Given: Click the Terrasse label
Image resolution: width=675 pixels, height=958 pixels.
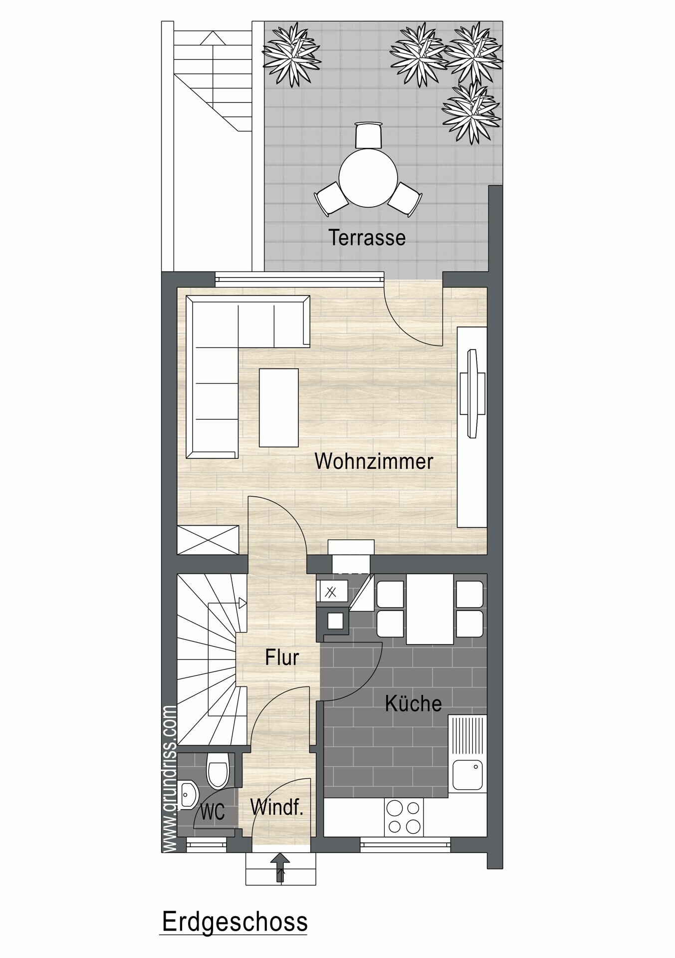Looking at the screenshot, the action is tap(367, 238).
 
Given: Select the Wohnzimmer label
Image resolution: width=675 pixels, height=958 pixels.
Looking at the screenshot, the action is tap(374, 461).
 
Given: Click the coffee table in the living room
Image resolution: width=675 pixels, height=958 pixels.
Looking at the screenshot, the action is tap(279, 407).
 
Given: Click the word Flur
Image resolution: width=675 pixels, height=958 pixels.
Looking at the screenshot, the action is tap(282, 657).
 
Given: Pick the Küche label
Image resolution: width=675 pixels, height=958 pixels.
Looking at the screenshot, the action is tap(414, 703).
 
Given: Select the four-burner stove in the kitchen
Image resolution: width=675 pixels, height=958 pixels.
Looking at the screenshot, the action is tap(404, 817).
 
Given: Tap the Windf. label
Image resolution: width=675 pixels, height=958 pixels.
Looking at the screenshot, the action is tap(277, 807).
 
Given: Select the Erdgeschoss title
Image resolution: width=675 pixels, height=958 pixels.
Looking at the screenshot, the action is tap(234, 922).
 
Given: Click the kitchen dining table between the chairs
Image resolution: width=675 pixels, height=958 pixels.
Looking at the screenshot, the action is tap(430, 609).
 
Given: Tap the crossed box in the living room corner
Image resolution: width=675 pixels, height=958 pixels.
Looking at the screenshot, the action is tap(208, 540).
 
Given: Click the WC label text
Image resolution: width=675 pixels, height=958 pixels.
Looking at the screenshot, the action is tap(213, 813).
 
